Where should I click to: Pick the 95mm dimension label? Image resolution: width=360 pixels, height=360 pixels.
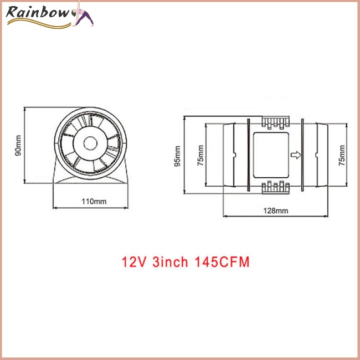pos(177,155)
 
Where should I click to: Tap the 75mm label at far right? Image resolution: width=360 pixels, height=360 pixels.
pos(342,155)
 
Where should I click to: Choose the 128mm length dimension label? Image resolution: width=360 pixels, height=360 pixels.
pos(276,210)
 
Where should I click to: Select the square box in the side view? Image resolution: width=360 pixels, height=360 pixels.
pos(270,155)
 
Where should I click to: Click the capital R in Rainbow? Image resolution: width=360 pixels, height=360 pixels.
pos(12,12)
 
